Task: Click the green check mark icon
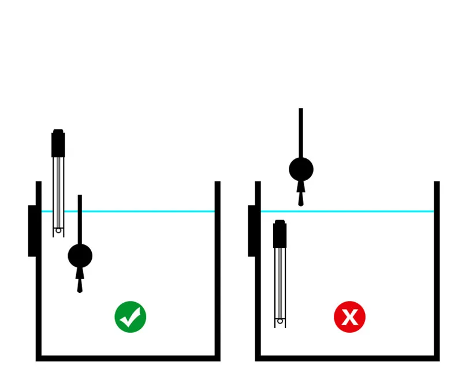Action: click(130, 317)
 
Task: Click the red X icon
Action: click(349, 317)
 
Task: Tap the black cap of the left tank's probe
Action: click(58, 144)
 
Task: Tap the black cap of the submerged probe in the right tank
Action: click(280, 235)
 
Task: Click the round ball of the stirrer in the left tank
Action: click(80, 255)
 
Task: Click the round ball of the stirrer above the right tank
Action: click(301, 169)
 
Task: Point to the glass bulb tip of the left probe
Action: click(58, 230)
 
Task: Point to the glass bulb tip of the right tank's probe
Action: click(280, 321)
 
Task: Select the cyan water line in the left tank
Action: click(144, 211)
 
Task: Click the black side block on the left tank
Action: click(32, 230)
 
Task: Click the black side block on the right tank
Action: click(252, 230)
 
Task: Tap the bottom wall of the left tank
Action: click(128, 358)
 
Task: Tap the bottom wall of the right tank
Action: click(347, 358)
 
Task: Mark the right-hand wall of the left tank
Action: click(217, 272)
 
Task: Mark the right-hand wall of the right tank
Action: click(437, 272)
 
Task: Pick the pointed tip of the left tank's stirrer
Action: click(80, 288)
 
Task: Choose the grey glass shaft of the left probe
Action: click(58, 191)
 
